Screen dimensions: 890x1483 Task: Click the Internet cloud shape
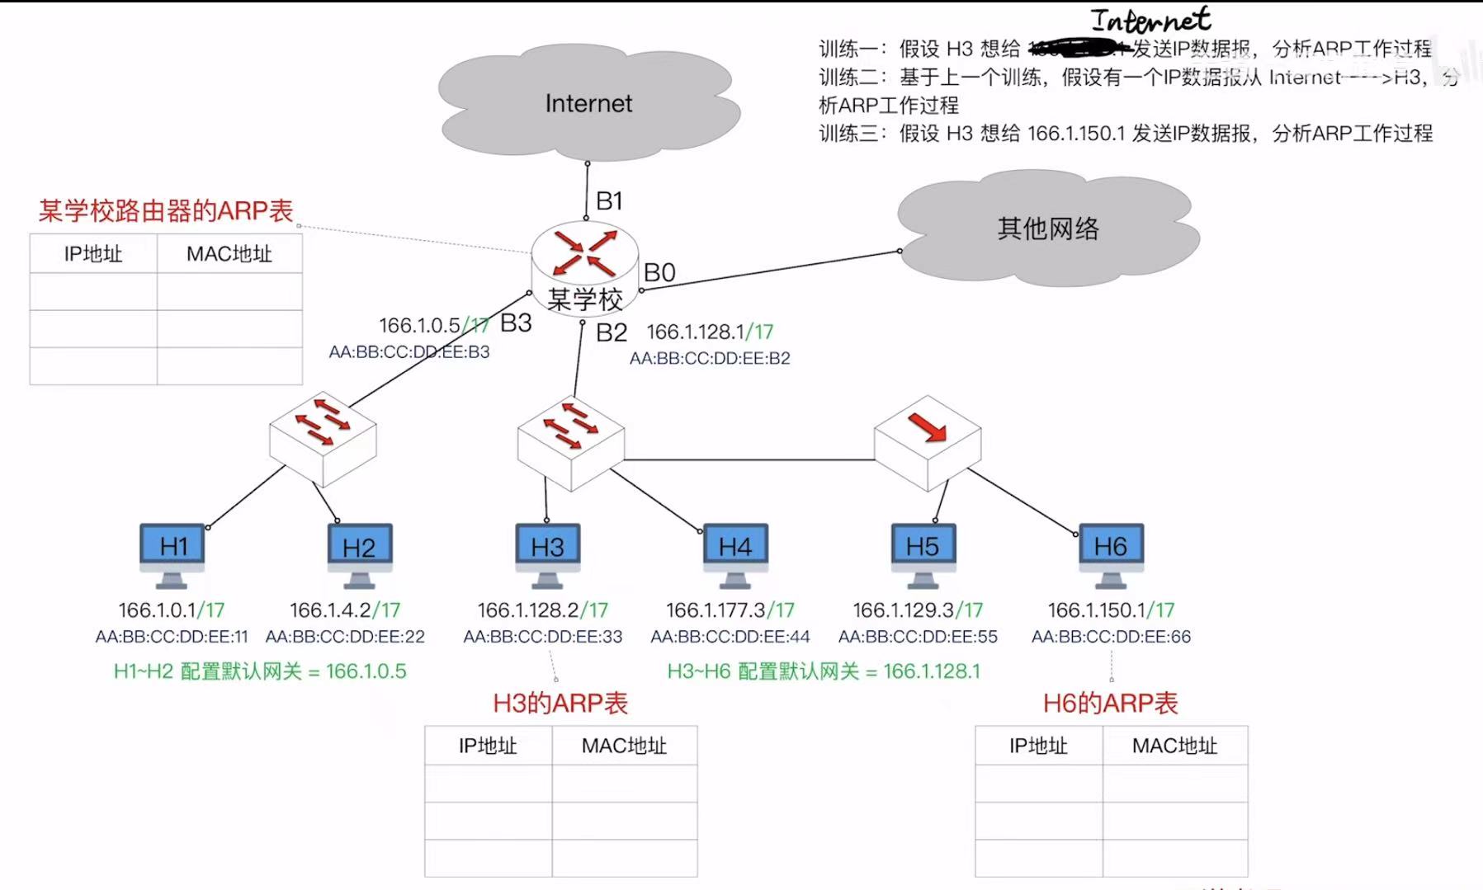point(588,104)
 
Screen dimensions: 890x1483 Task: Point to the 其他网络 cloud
point(1047,228)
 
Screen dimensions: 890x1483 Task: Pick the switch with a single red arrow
point(928,442)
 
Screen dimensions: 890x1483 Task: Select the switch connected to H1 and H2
point(323,436)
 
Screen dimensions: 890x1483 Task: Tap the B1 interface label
point(609,200)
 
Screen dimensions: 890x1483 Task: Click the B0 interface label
point(659,272)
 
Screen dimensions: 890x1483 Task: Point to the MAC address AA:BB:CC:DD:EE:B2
point(710,359)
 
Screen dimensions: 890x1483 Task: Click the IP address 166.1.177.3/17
point(730,610)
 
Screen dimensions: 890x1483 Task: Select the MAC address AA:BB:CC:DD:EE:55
point(918,637)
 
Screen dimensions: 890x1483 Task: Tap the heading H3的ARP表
point(560,704)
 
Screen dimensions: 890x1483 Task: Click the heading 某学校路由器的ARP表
point(166,211)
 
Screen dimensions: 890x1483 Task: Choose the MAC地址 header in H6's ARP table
point(1174,746)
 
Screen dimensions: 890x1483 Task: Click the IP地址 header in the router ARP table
point(93,254)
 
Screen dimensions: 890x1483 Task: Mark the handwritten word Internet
point(1151,20)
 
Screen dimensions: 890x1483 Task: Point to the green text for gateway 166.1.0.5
point(260,671)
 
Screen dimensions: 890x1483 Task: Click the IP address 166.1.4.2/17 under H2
point(345,610)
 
